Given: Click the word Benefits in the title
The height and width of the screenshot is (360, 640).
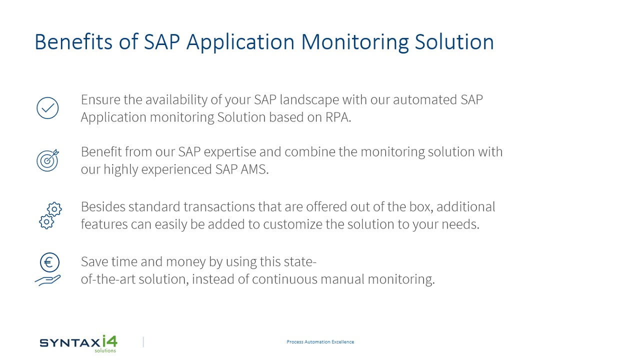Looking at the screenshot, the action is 73,42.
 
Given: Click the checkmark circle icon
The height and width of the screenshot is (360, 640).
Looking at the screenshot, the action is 47,108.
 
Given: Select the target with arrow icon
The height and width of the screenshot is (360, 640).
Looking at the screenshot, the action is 47,160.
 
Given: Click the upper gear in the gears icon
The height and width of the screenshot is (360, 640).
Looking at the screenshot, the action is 54,209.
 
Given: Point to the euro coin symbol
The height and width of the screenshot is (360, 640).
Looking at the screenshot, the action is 49,262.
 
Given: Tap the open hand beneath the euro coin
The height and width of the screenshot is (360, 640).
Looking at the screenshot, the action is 47,280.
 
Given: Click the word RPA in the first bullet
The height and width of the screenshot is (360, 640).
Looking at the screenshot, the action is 338,117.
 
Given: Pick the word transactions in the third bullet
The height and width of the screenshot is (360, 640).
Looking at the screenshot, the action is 219,207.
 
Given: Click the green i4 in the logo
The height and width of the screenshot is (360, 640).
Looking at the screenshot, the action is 109,341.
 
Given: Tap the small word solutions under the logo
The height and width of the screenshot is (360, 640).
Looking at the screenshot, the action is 105,350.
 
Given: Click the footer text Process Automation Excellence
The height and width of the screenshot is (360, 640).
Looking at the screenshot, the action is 320,341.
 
